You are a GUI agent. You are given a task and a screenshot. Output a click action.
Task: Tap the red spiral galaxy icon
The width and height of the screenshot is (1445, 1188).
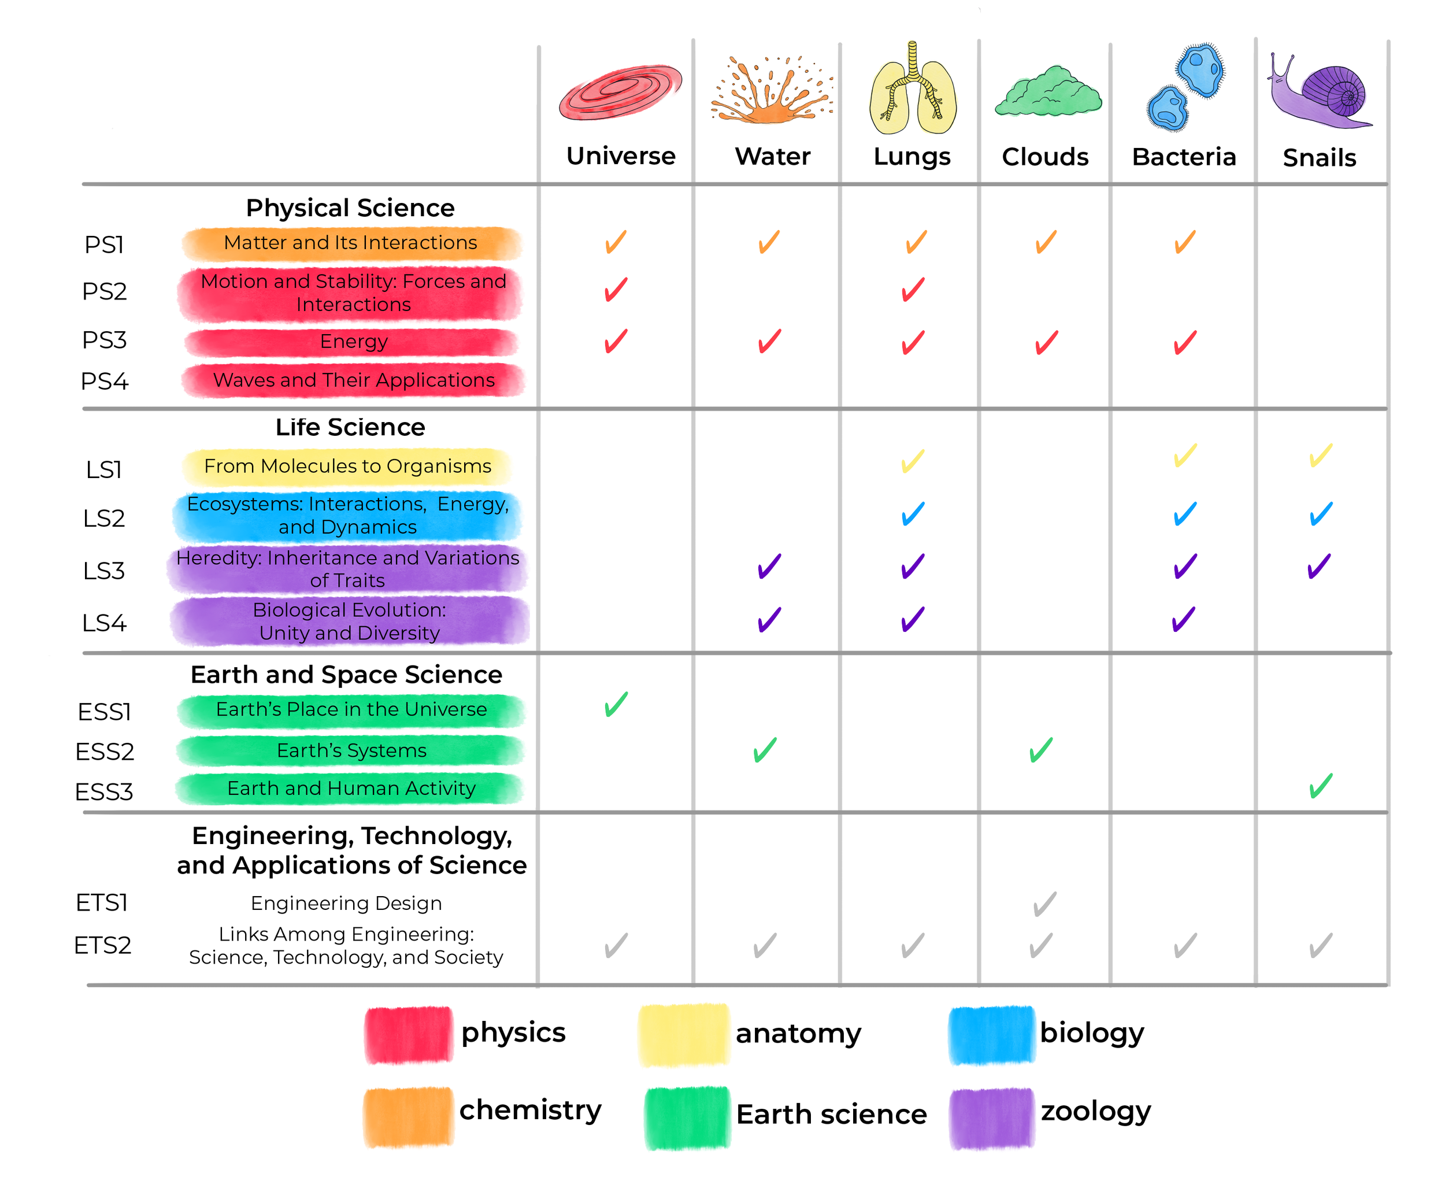(620, 92)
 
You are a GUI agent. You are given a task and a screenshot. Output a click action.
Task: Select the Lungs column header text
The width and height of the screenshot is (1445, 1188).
(912, 157)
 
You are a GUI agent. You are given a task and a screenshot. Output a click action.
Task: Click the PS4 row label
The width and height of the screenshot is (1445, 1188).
(104, 381)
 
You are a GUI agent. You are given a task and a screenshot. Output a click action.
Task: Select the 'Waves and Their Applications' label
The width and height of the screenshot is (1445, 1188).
(353, 380)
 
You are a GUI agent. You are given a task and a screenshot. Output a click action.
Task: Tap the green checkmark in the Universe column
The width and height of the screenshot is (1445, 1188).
(616, 704)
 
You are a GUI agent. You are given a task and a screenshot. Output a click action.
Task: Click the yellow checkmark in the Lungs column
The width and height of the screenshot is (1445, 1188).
(913, 461)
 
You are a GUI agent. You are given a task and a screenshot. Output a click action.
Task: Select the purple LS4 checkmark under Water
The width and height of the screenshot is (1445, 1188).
(769, 619)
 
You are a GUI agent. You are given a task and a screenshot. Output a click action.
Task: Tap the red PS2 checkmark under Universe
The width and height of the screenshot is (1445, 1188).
(616, 289)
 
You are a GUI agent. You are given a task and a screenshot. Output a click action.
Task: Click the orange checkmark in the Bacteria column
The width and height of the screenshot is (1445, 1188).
(1184, 242)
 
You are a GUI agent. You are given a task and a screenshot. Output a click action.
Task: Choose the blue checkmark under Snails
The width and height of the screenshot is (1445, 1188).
(1321, 513)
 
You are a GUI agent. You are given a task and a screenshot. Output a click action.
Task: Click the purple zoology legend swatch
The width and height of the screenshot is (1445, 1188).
(991, 1117)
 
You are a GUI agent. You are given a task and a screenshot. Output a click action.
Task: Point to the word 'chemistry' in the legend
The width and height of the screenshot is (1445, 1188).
(529, 1109)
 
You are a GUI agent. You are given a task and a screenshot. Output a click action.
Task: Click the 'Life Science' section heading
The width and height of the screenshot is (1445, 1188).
(350, 427)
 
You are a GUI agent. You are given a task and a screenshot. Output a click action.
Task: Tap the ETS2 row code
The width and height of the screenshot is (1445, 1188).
(103, 945)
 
